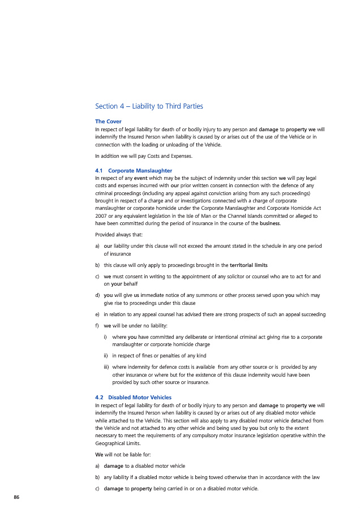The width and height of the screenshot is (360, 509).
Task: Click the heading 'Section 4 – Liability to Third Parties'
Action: tap(149, 106)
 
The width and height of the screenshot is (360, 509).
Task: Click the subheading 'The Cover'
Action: tap(108, 122)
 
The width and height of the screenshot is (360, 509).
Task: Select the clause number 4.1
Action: tap(99, 171)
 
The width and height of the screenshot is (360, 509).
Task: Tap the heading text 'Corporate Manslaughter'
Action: tap(140, 171)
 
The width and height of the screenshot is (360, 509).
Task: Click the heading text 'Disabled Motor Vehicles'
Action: tap(140, 397)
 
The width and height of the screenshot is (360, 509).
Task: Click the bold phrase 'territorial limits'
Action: tap(248, 265)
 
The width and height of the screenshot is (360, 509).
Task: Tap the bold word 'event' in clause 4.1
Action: tap(141, 178)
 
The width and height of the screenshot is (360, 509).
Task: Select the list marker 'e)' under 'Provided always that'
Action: tap(98, 314)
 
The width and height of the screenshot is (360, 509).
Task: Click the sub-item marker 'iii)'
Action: tap(106, 367)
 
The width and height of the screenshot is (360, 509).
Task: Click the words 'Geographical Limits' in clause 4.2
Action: tap(119, 443)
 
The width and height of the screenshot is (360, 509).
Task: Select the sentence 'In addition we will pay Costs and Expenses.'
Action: tap(143, 156)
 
